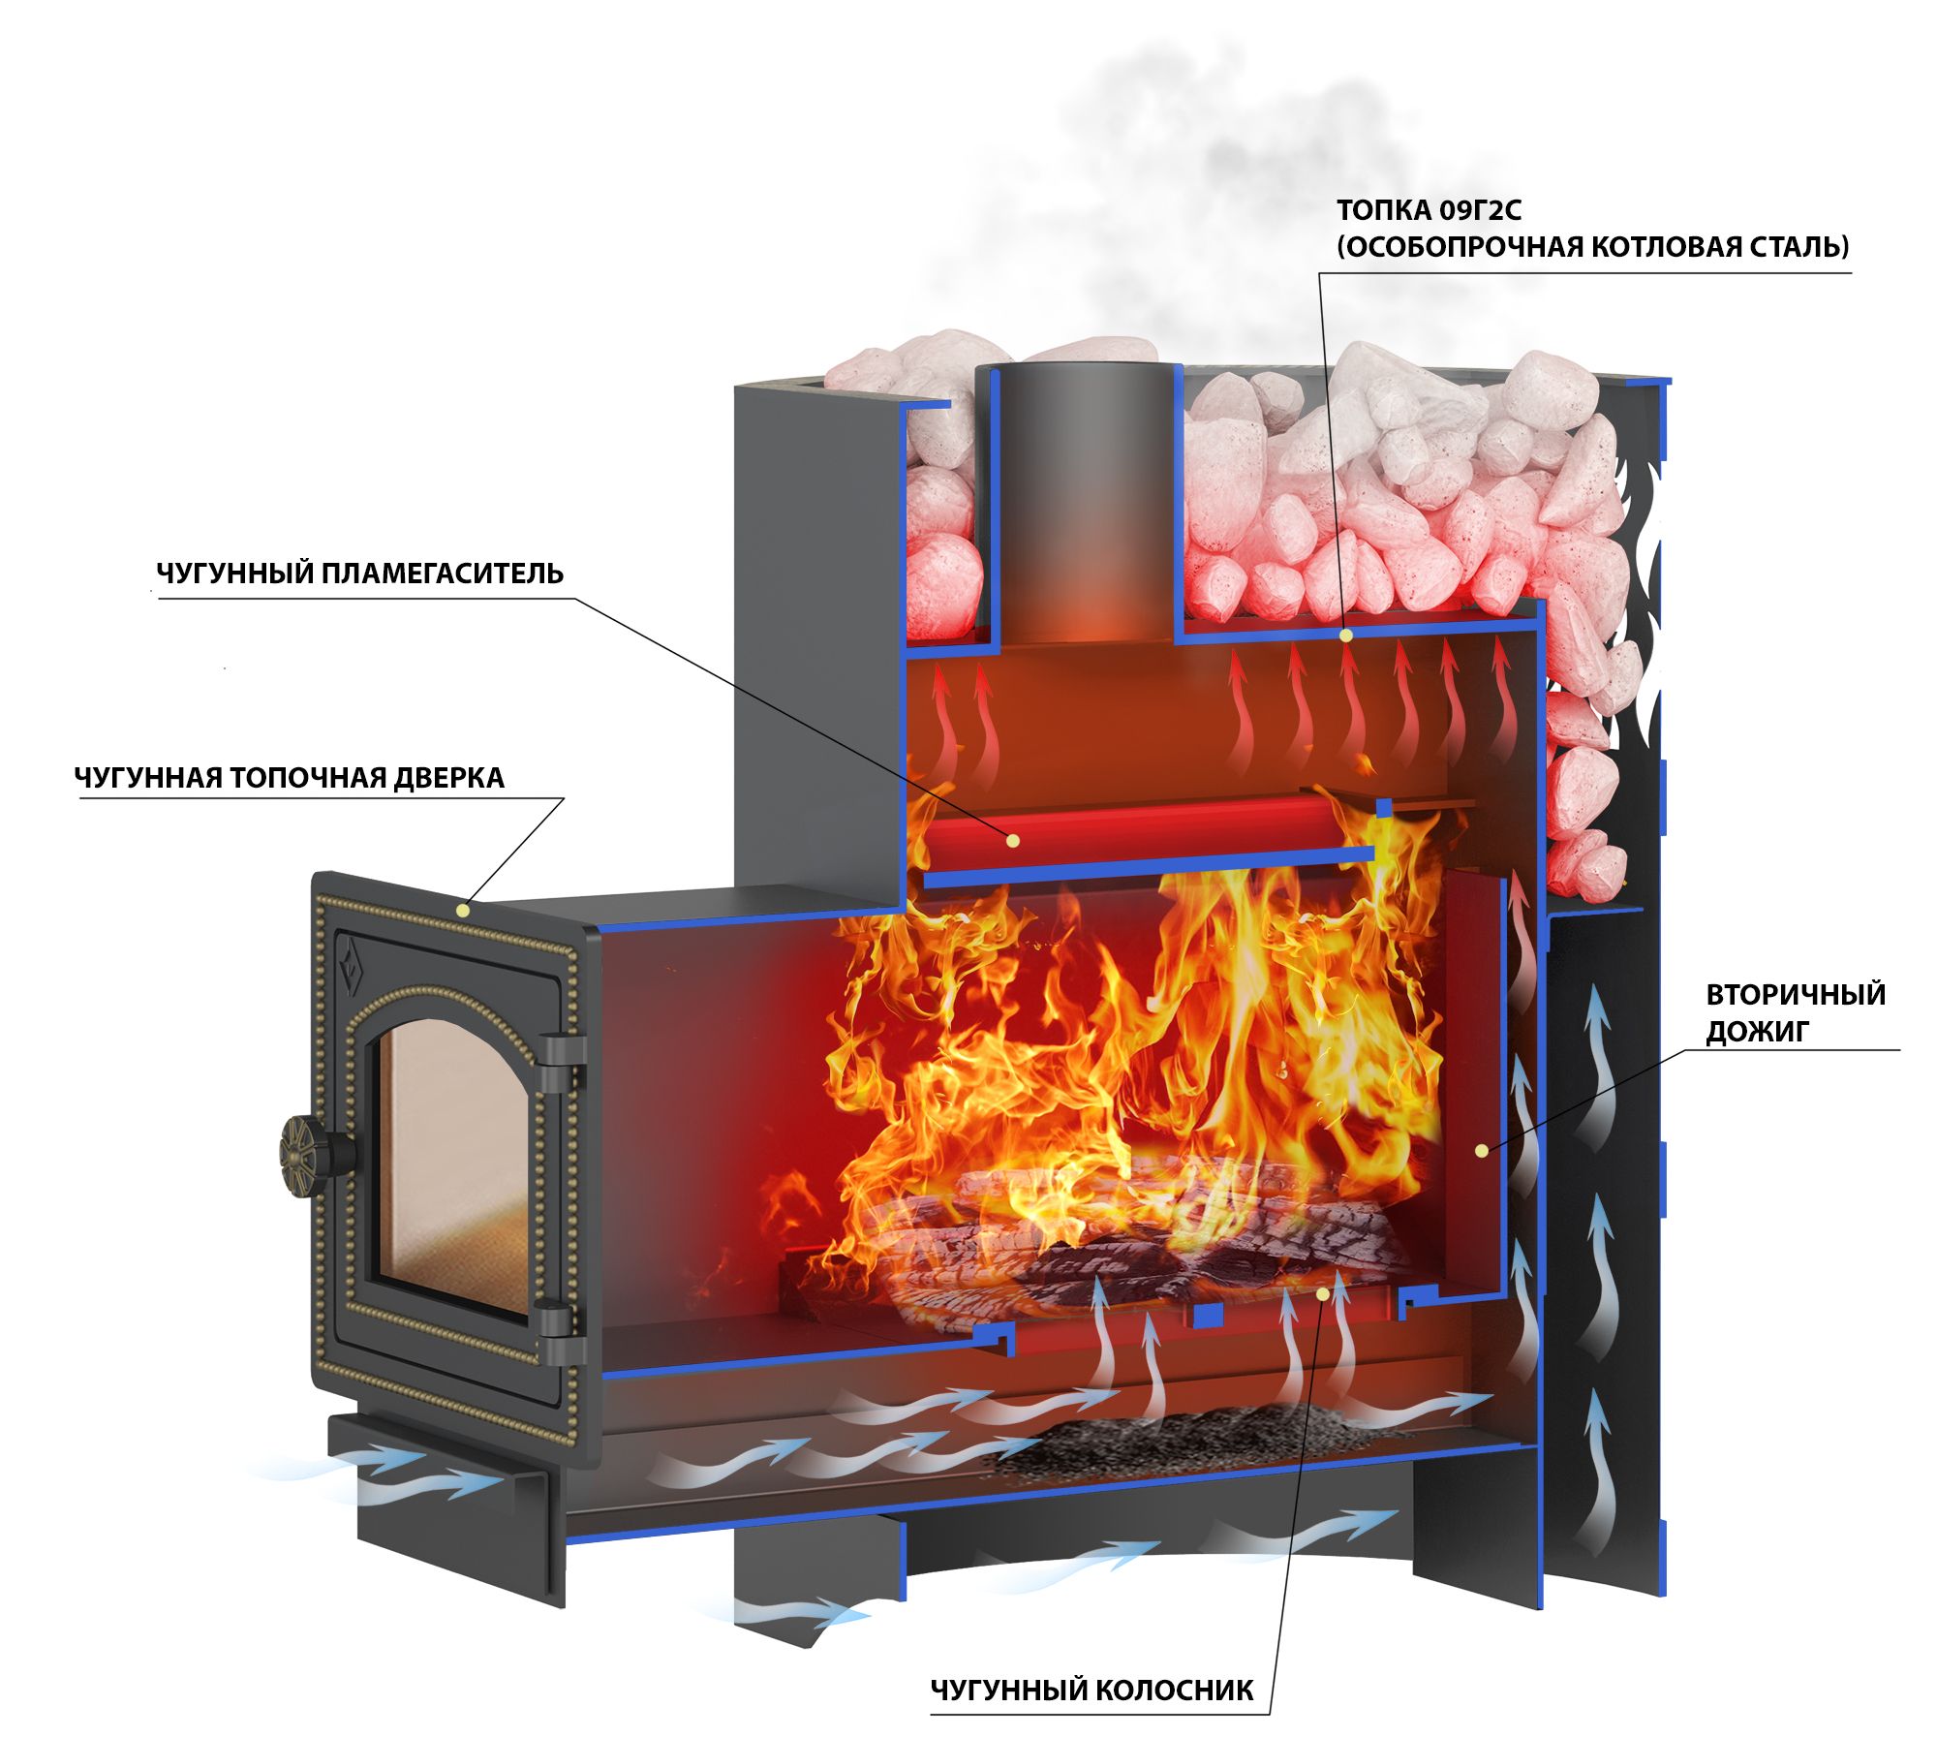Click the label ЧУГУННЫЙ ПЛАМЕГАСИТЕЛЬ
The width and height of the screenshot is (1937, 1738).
point(359,574)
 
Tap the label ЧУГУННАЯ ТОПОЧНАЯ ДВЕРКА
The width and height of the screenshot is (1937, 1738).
point(290,778)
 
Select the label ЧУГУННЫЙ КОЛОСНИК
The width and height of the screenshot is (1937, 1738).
point(1091,1691)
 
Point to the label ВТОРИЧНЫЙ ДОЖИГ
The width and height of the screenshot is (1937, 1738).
point(1795,1012)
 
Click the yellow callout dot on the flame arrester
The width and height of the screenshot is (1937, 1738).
point(1013,840)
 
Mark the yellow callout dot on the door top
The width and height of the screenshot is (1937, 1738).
point(463,910)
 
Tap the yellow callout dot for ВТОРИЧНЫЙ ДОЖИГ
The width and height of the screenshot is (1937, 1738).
point(1481,1150)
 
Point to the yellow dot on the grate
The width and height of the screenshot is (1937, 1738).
point(1323,1292)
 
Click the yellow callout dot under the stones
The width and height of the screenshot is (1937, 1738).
point(1345,636)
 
